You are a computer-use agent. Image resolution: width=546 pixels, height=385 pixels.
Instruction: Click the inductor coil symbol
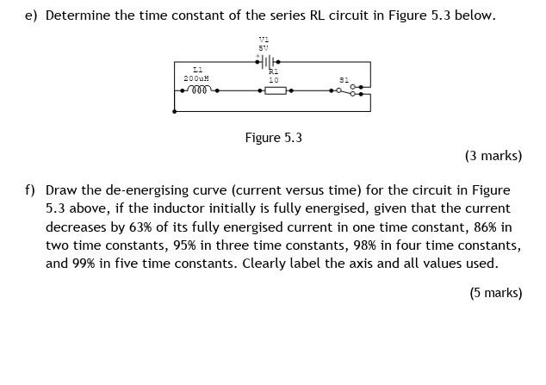pyautogui.click(x=197, y=89)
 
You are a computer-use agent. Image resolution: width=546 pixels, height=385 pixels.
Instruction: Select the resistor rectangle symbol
pyautogui.click(x=275, y=90)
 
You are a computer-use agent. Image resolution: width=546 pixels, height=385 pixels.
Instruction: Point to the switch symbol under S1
pyautogui.click(x=354, y=90)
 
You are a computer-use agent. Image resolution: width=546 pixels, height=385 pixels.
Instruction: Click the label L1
pyautogui.click(x=197, y=69)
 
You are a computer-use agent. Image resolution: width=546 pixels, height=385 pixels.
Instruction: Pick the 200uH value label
pyautogui.click(x=195, y=78)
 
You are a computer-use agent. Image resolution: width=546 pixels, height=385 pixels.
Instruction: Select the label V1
pyautogui.click(x=264, y=40)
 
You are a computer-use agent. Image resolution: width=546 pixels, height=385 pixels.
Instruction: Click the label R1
pyautogui.click(x=274, y=72)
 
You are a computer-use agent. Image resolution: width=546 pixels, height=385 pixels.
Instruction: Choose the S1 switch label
pyautogui.click(x=344, y=79)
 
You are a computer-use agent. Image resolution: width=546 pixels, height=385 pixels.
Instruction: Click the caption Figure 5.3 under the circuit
pyautogui.click(x=273, y=138)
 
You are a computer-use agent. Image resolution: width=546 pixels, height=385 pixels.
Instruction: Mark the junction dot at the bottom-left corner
pyautogui.click(x=175, y=111)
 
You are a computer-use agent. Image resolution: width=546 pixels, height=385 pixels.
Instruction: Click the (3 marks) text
pyautogui.click(x=493, y=156)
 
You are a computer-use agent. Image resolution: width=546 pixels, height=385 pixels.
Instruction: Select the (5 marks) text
pyautogui.click(x=495, y=293)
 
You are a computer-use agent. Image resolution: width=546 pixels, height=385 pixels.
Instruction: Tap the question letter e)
pyautogui.click(x=30, y=16)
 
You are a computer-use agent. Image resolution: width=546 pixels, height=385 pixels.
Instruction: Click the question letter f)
pyautogui.click(x=30, y=189)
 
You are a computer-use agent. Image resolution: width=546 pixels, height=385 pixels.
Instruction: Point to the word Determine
pyautogui.click(x=79, y=16)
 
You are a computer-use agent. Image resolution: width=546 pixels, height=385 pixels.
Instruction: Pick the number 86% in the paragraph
pyautogui.click(x=481, y=227)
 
